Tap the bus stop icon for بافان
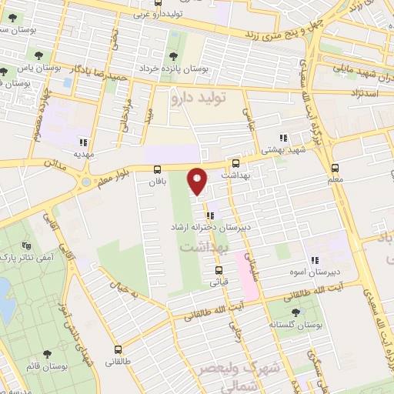click(158, 169)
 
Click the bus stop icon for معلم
click(335, 168)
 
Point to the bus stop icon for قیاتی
click(219, 270)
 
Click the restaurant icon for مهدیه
click(82, 142)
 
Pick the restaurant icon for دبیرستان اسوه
click(314, 262)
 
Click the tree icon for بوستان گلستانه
click(296, 312)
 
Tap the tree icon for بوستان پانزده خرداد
click(172, 56)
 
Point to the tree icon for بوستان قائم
click(48, 354)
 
